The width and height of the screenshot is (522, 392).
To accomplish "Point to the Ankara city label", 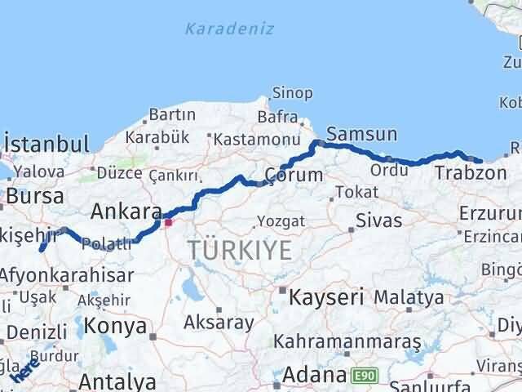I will click(126, 212).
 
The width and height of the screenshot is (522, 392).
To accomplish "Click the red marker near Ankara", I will click(169, 221).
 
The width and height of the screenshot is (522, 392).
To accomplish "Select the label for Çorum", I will click(294, 175).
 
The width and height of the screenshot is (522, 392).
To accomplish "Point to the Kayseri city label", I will click(326, 296).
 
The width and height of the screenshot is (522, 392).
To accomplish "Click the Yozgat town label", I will click(281, 221).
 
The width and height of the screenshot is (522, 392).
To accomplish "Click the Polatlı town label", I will click(106, 243).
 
